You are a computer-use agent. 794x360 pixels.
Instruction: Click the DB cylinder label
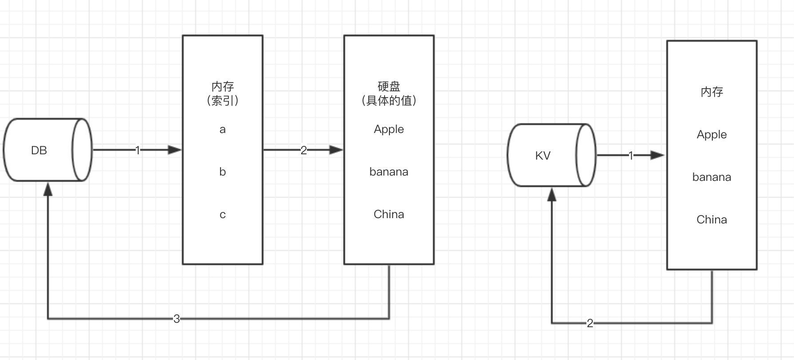click(x=39, y=151)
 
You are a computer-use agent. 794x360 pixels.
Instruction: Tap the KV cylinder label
click(x=543, y=156)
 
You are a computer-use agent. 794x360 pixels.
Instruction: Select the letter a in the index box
click(x=223, y=129)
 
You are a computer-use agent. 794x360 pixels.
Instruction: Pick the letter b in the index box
click(x=223, y=172)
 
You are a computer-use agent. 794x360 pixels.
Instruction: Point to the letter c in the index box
click(x=223, y=215)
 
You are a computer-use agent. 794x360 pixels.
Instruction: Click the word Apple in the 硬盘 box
click(x=389, y=129)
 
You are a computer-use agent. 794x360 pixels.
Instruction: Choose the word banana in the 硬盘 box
click(x=389, y=172)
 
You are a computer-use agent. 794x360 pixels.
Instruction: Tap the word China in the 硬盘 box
click(x=389, y=215)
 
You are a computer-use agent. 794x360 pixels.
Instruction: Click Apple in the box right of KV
click(x=712, y=135)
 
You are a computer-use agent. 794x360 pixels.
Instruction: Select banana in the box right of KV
click(x=712, y=177)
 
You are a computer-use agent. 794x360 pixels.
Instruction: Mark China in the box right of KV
click(x=712, y=220)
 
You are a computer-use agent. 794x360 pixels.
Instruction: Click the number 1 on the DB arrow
click(x=138, y=151)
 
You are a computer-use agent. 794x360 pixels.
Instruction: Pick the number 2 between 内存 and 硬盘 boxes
click(x=304, y=151)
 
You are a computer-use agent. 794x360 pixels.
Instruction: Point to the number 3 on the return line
click(x=177, y=319)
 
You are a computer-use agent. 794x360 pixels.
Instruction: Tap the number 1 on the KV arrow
click(x=631, y=156)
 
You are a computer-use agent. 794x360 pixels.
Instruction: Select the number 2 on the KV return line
click(x=590, y=323)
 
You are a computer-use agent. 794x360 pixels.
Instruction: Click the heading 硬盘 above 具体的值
click(x=389, y=86)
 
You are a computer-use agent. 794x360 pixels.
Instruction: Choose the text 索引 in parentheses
click(x=223, y=101)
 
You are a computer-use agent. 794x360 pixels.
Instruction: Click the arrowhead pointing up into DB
click(x=48, y=189)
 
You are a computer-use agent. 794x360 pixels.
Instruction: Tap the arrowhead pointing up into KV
click(x=552, y=194)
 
